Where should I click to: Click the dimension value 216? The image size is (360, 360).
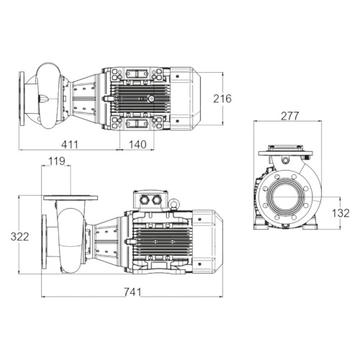pos(222,98)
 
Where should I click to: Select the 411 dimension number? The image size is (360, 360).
pos(70,144)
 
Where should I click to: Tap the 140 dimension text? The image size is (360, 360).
pos(137,144)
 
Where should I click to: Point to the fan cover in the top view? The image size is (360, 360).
pos(191,97)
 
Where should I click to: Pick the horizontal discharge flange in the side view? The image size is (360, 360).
pos(69,197)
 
